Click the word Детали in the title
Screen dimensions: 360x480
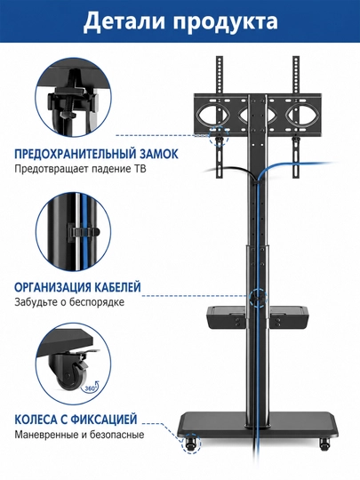pos(126,21)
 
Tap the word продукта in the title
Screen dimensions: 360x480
pos(227,23)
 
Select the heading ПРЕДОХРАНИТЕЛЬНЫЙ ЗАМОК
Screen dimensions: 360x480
pos(96,154)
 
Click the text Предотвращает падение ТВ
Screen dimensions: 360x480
pos(80,169)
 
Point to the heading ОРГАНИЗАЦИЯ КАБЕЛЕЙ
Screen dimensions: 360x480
pos(77,287)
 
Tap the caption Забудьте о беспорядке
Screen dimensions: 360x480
pos(69,302)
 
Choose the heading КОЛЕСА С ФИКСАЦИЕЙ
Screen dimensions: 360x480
pos(76,420)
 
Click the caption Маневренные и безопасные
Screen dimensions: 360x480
pos(79,435)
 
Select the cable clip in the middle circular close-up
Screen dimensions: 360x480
pos(83,232)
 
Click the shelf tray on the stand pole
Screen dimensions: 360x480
pos(258,316)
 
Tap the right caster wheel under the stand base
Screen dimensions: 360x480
pos(324,444)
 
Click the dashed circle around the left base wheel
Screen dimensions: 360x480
pos(191,443)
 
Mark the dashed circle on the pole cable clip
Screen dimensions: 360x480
pos(258,297)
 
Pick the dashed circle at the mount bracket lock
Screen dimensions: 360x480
pos(220,136)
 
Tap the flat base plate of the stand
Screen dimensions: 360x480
pos(260,425)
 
